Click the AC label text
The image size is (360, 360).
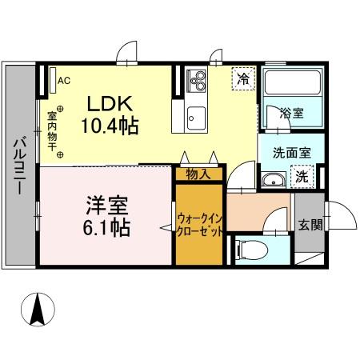point(65,80)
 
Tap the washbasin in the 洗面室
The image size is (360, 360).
point(275,178)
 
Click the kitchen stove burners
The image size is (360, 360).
point(196,80)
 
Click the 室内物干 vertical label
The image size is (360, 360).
point(50,128)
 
